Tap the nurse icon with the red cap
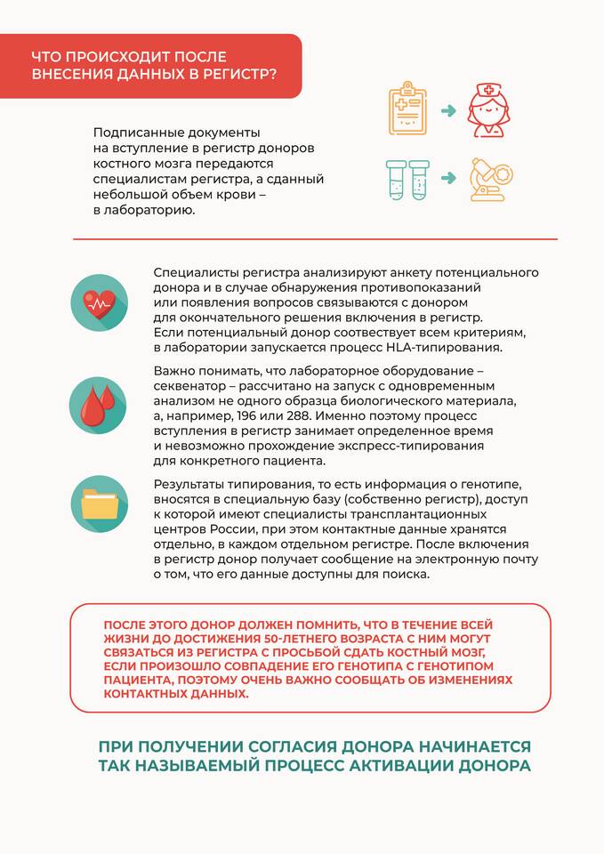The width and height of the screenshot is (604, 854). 492,109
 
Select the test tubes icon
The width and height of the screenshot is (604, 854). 407,180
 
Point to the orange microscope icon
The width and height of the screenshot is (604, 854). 492,179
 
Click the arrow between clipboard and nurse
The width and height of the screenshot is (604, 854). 449,110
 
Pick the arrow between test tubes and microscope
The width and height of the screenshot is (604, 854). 449,178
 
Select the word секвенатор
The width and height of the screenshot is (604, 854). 192,386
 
